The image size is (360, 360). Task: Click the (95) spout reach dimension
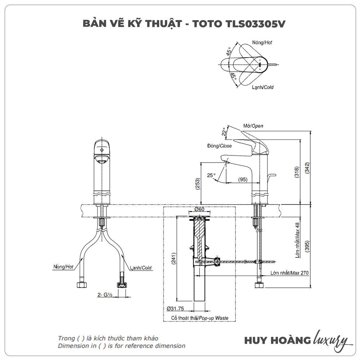pyautogui.click(x=243, y=179)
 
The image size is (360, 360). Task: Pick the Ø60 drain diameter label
pyautogui.click(x=199, y=209)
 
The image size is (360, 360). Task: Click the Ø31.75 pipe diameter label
pyautogui.click(x=176, y=309)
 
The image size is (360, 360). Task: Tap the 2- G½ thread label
pyautogui.click(x=105, y=295)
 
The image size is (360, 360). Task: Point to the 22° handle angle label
pyautogui.click(x=224, y=132)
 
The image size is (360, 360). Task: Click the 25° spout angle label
pyautogui.click(x=211, y=175)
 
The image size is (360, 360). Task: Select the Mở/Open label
pyautogui.click(x=253, y=126)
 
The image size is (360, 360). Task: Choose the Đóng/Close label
pyautogui.click(x=219, y=146)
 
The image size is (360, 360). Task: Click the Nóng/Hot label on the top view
pyautogui.click(x=262, y=42)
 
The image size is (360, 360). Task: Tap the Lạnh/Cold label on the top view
pyautogui.click(x=263, y=87)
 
